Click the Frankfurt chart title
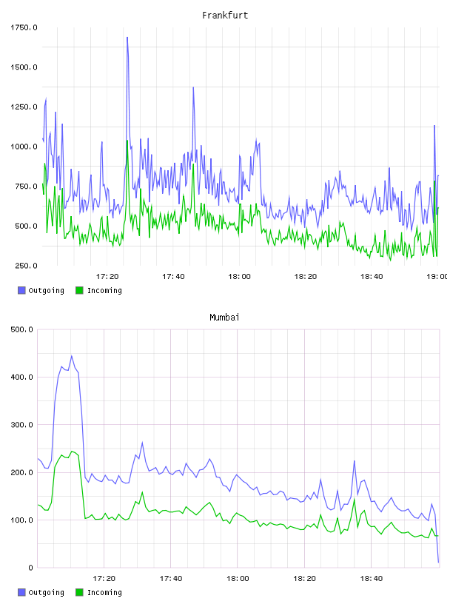click(225, 16)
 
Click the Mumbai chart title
click(224, 318)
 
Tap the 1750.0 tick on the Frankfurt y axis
click(24, 27)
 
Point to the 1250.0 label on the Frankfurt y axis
click(24, 107)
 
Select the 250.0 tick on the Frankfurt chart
click(26, 266)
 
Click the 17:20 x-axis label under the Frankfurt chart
click(107, 276)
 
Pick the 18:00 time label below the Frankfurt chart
click(239, 276)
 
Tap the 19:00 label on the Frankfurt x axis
click(437, 276)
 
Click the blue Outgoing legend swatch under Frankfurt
click(21, 290)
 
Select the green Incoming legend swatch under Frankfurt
click(79, 290)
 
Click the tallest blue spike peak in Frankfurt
click(127, 37)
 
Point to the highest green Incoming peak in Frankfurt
click(127, 141)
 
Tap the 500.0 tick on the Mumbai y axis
click(22, 329)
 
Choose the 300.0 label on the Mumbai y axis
click(22, 424)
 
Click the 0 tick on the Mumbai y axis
click(31, 568)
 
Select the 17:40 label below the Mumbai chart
click(171, 578)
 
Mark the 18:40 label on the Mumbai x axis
click(372, 578)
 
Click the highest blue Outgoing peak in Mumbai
click(71, 356)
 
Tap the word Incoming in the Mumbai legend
click(104, 592)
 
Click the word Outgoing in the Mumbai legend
click(46, 592)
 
